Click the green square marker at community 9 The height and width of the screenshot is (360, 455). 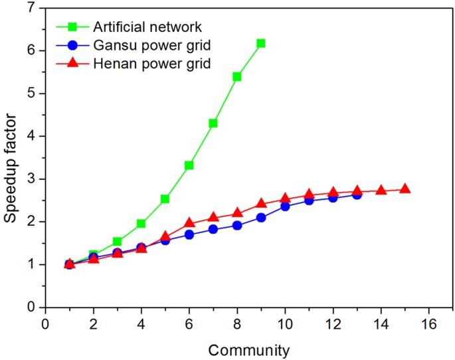[261, 43]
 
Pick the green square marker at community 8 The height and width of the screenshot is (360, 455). [237, 76]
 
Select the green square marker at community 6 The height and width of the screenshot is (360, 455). [189, 165]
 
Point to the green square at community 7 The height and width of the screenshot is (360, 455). [213, 123]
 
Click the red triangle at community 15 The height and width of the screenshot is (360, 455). [405, 189]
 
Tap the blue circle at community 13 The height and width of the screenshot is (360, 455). [357, 195]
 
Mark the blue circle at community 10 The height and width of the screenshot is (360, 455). [285, 206]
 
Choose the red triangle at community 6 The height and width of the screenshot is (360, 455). [189, 223]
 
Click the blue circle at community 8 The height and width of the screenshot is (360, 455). [237, 225]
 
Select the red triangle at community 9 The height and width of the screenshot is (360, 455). [261, 203]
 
